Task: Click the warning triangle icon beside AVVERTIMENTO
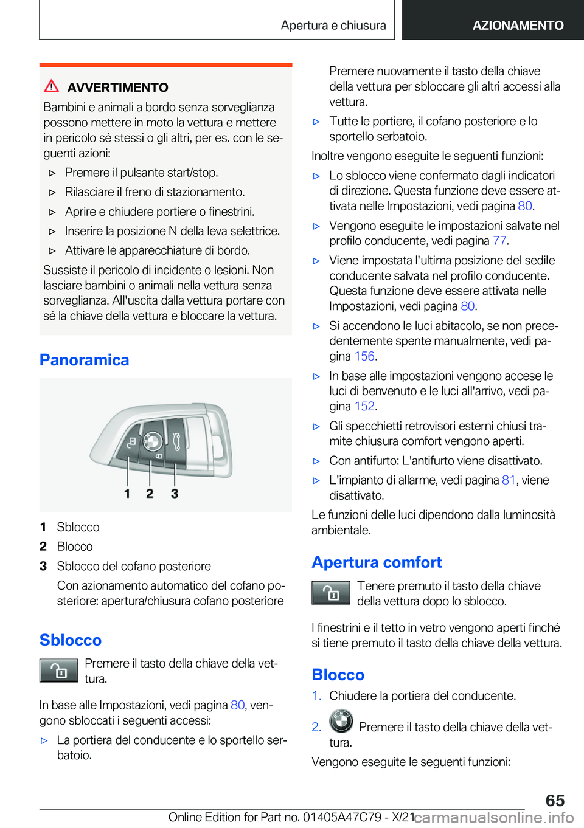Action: point(52,86)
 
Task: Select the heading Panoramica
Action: point(84,360)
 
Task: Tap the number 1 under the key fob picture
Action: point(127,494)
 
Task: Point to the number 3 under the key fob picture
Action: point(175,494)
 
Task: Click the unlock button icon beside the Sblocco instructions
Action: point(58,671)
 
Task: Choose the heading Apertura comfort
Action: point(377,562)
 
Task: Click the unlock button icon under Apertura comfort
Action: point(330,593)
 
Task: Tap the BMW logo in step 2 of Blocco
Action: point(341,722)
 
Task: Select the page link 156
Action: point(364,356)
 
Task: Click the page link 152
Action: point(364,406)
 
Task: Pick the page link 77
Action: point(499,241)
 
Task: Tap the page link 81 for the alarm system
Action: point(509,480)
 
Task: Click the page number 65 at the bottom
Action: point(555,800)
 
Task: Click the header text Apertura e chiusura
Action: point(333,25)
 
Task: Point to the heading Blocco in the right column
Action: point(338,675)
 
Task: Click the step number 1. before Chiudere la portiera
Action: point(316,695)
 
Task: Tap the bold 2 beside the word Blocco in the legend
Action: point(43,547)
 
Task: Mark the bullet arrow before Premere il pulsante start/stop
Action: point(52,173)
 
